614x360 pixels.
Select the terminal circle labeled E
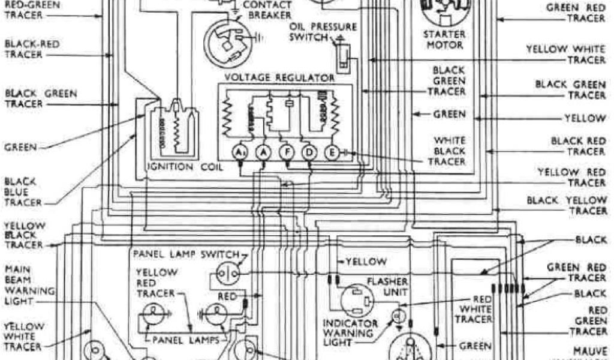[x=330, y=153]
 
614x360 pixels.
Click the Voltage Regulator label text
[x=279, y=78]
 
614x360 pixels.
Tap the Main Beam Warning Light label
[x=29, y=285]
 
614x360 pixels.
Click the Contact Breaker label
[x=269, y=10]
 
